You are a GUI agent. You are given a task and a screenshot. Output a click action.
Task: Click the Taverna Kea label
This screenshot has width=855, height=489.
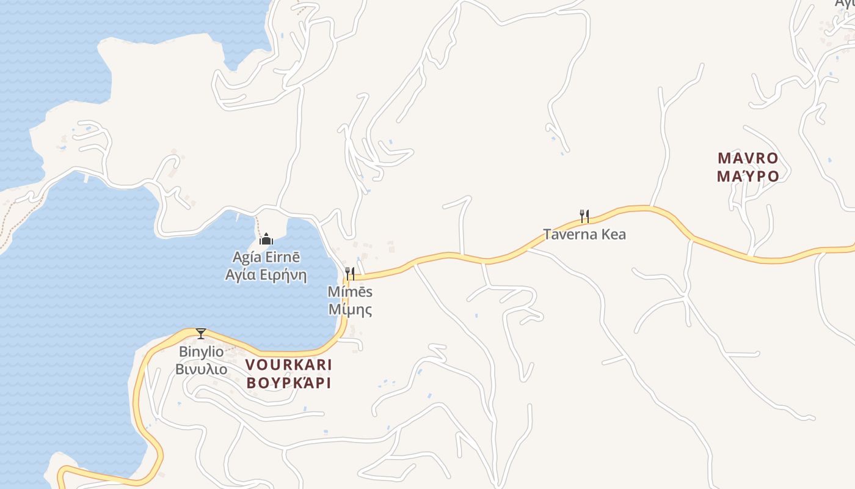[584, 234]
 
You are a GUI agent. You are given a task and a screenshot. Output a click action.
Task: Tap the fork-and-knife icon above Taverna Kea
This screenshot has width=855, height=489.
[584, 216]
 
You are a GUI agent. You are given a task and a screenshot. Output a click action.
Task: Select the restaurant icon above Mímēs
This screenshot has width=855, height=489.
[350, 273]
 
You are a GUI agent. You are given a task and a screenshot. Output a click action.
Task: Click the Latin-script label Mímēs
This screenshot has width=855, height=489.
[350, 292]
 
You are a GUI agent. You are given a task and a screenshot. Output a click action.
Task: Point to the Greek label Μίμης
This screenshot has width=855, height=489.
[350, 309]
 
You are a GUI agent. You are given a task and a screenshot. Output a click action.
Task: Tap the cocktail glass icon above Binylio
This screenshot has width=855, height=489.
[200, 334]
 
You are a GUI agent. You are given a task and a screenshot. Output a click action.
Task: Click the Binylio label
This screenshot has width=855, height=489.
[201, 352]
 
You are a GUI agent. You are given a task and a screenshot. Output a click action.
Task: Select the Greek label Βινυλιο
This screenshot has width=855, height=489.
[201, 369]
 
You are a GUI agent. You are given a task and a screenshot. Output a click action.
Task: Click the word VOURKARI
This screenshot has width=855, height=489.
[288, 366]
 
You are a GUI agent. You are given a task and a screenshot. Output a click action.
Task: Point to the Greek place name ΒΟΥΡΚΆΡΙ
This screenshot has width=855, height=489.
[288, 383]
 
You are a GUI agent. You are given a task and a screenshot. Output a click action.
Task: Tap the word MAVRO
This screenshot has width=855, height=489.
[748, 159]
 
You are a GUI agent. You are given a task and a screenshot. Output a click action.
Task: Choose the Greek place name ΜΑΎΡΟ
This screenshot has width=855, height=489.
[748, 177]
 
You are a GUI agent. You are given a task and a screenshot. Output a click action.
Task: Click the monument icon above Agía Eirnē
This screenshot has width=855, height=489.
[266, 239]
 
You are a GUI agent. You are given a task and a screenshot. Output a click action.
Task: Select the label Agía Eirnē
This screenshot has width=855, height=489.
[266, 257]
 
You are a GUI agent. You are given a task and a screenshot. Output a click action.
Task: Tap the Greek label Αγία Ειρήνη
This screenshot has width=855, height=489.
[266, 274]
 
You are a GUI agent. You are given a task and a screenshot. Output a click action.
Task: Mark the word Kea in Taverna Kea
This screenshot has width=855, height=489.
[613, 234]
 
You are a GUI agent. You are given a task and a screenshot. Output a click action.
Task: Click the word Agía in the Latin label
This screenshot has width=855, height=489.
[246, 257]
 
